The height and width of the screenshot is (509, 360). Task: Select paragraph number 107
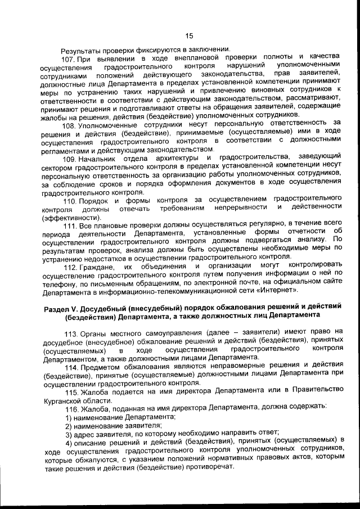click(68, 58)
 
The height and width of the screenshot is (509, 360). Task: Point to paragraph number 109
click(69, 156)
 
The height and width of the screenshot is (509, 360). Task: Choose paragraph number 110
click(69, 200)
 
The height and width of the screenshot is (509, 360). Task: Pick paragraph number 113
click(73, 333)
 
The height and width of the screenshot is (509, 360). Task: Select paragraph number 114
click(73, 367)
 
